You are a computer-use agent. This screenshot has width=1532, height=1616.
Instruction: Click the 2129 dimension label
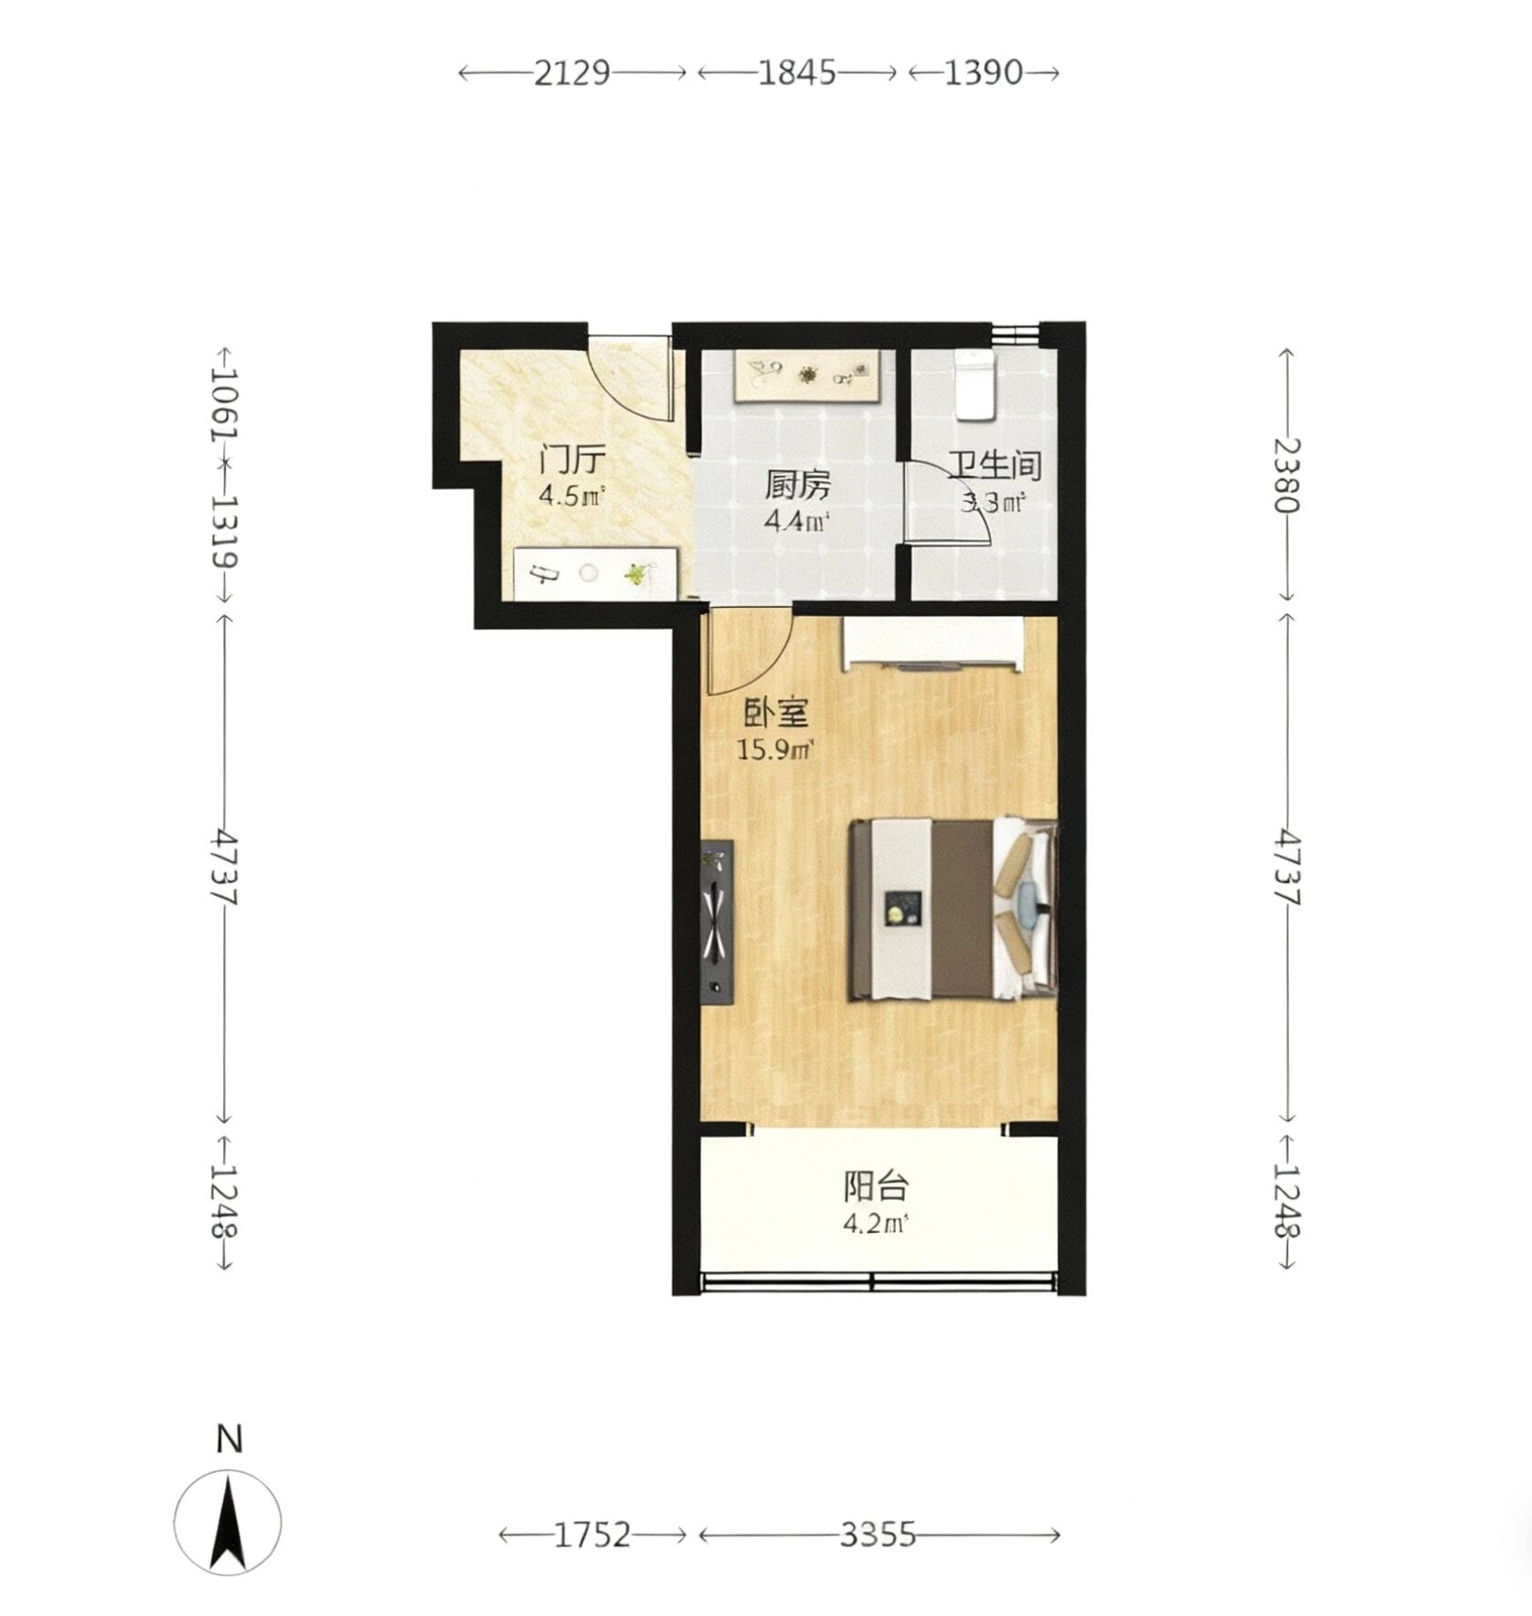click(x=571, y=72)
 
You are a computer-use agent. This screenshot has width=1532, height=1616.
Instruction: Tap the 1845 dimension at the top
click(x=797, y=72)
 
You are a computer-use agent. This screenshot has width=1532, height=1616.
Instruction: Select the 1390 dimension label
click(x=983, y=72)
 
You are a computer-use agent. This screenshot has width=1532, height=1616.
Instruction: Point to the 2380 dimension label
click(x=1288, y=476)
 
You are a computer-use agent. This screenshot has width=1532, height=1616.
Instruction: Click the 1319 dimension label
click(x=224, y=530)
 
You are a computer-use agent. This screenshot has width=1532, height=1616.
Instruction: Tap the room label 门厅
click(x=571, y=460)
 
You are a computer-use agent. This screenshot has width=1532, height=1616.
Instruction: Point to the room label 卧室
click(x=775, y=713)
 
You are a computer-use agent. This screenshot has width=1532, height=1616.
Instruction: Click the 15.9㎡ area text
click(x=775, y=750)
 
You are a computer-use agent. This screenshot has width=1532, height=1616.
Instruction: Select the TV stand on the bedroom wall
click(x=717, y=921)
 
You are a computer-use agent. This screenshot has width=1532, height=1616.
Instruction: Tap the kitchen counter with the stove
click(x=807, y=376)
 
